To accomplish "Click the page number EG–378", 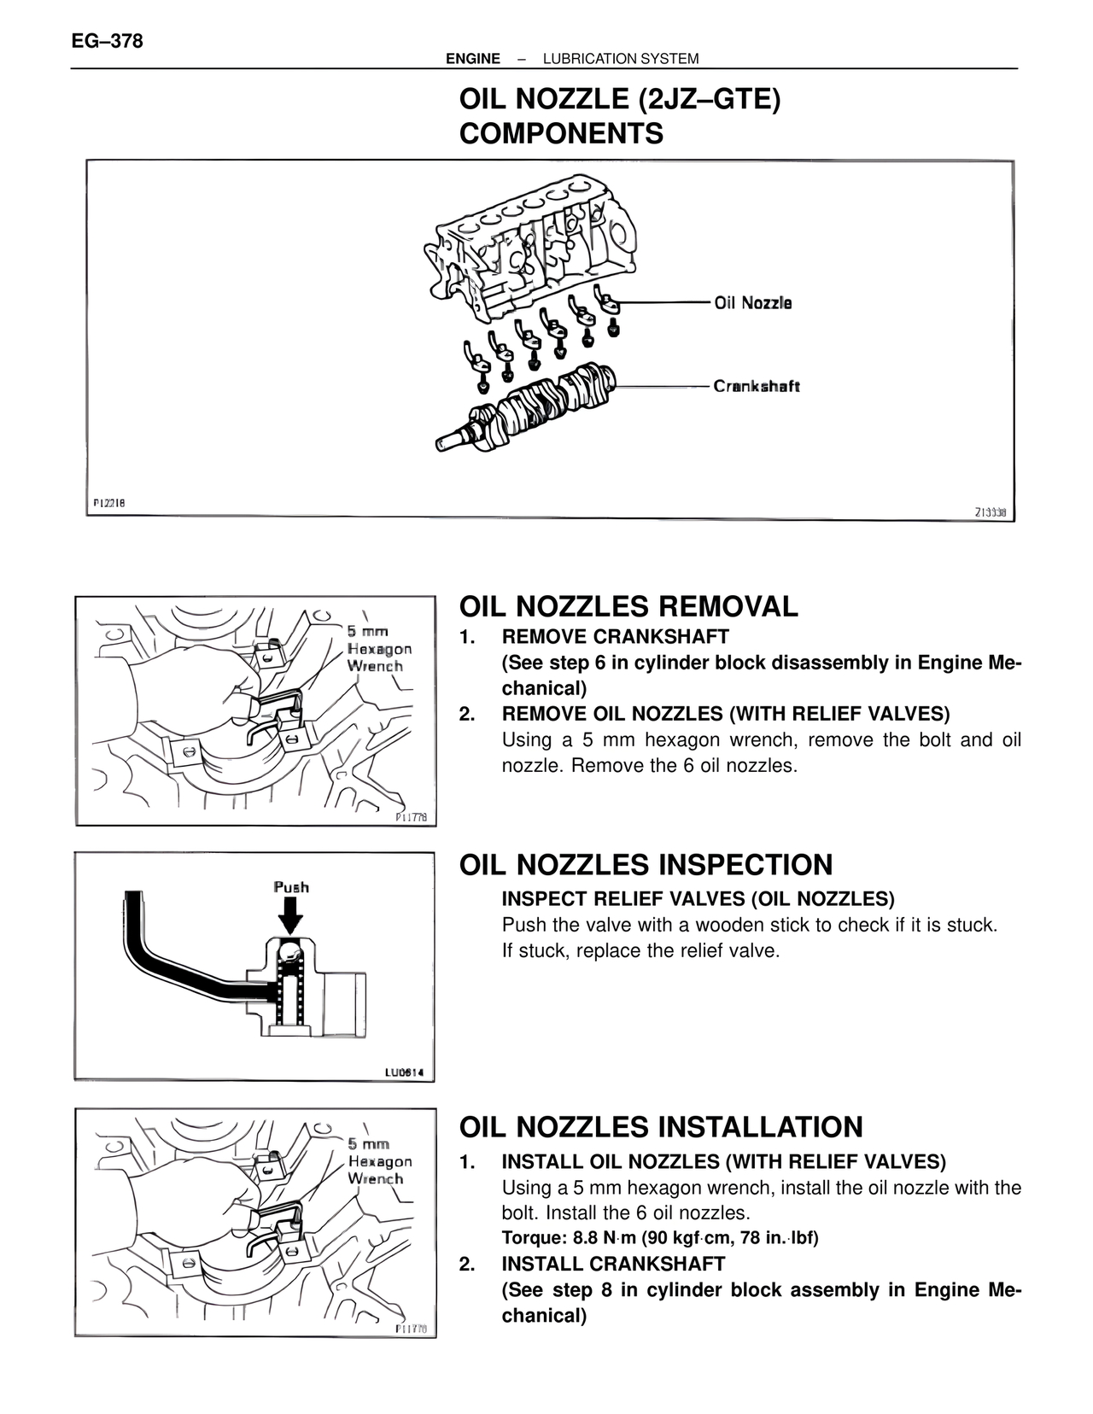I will tap(108, 40).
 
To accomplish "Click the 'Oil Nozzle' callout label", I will tap(752, 303).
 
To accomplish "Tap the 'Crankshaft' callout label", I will tap(757, 386).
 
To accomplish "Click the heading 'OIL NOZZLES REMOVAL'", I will tap(628, 606).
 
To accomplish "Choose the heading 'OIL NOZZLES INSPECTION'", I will tap(646, 864).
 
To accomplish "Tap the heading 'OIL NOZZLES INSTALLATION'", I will tap(661, 1126).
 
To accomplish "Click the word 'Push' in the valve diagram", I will tap(291, 887).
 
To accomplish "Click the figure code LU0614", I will tap(404, 1072).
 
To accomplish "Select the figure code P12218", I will tap(109, 503).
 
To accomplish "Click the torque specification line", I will tap(659, 1238).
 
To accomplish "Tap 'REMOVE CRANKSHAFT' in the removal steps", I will tap(615, 637).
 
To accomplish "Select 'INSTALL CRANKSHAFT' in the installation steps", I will tap(613, 1264).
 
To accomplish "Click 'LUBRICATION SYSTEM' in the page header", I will tap(621, 59).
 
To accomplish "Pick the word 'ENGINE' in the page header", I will tap(473, 59).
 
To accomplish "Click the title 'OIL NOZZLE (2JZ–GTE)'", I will tap(620, 100).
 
